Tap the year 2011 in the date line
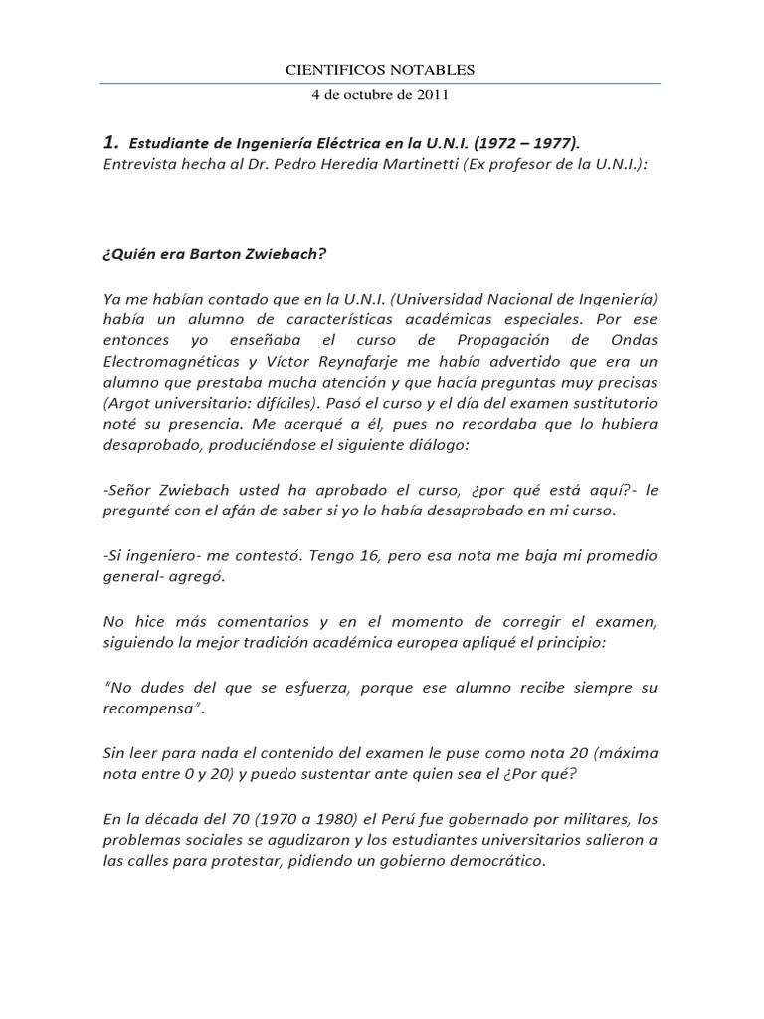[x=434, y=96]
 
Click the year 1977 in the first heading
[x=553, y=143]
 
